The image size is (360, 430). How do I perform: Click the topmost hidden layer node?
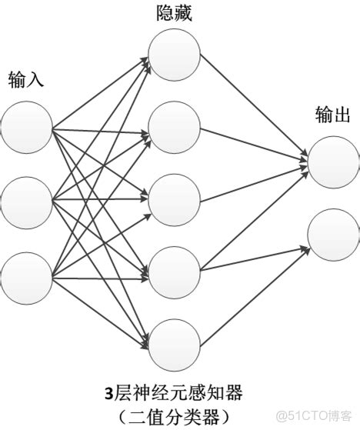coord(174,52)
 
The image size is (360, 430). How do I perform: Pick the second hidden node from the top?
coord(174,125)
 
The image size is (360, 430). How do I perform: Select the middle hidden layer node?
coord(174,199)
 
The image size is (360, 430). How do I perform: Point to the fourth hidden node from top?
coord(174,272)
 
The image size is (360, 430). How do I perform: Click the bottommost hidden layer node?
coord(174,345)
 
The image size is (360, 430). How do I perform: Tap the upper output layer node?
coord(332,162)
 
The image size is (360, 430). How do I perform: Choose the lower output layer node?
coord(332,235)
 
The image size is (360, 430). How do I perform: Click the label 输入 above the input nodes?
coord(26,78)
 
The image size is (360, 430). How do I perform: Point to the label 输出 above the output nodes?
coord(333,115)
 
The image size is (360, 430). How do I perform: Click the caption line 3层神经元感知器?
coord(174,394)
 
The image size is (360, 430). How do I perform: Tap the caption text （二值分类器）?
coord(174,415)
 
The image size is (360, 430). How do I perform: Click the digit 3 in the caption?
coord(110,395)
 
